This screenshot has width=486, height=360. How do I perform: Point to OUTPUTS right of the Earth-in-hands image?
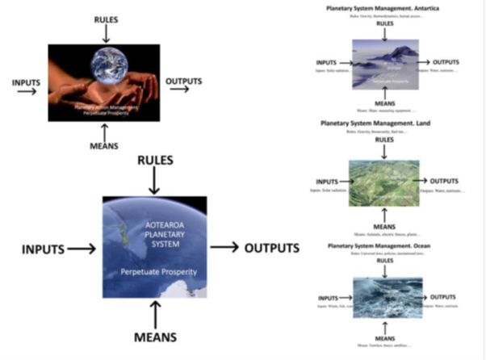pos(183,82)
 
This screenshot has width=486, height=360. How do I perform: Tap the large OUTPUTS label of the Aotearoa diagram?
pos(271,248)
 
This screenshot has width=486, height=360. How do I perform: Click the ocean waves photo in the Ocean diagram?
pos(384,299)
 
